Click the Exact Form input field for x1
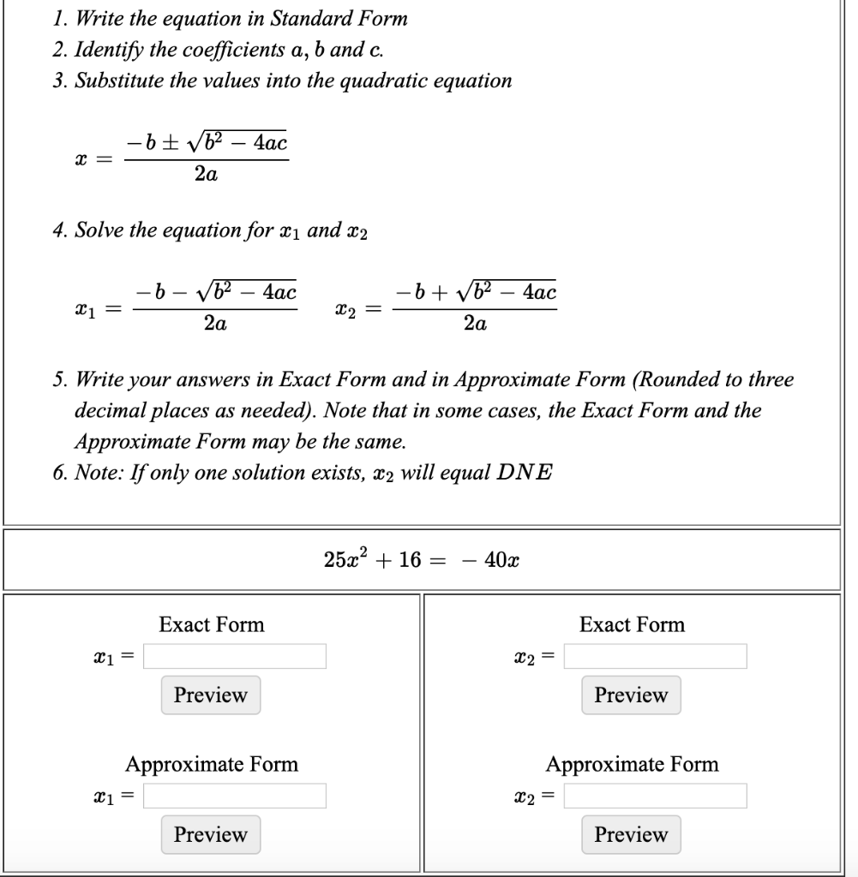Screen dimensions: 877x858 [235, 657]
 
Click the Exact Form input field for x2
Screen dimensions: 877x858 [655, 657]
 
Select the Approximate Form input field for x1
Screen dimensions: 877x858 [235, 796]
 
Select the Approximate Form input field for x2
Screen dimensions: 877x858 [655, 796]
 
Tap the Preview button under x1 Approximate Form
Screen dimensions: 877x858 [210, 833]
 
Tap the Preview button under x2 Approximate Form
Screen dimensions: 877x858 [631, 833]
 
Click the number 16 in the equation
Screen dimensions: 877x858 [411, 561]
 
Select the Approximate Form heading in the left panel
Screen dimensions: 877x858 [212, 764]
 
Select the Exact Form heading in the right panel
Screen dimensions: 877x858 [632, 624]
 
